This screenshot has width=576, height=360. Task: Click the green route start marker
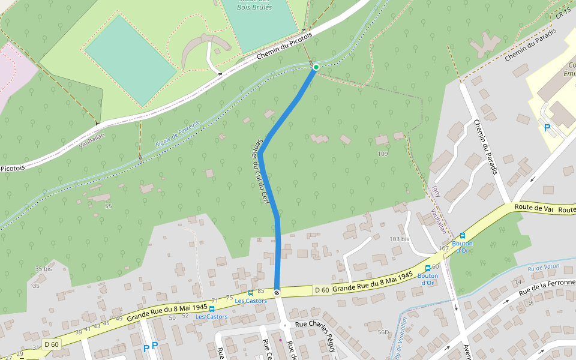(316, 67)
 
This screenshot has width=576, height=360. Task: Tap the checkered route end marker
(277, 293)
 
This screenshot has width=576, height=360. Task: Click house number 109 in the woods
(383, 154)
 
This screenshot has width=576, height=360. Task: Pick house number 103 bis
(399, 239)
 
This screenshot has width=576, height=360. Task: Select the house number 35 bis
(43, 269)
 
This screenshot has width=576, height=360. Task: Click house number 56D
(383, 332)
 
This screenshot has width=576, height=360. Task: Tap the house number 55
(108, 206)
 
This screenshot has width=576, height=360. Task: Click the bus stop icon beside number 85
(250, 293)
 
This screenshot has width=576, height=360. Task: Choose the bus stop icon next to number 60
(427, 268)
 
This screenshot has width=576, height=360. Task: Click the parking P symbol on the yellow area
(546, 127)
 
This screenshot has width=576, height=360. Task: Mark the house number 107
(443, 248)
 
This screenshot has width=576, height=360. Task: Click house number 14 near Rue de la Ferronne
(518, 282)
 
